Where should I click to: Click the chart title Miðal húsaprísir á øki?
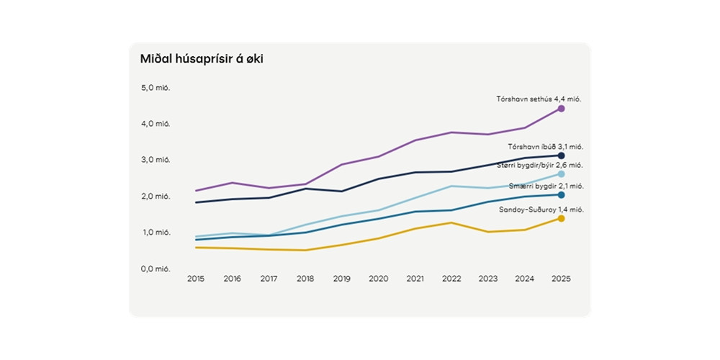point(202,59)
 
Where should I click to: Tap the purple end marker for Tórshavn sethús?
point(561,109)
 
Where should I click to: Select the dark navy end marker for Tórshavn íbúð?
point(561,156)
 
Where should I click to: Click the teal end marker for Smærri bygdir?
point(561,195)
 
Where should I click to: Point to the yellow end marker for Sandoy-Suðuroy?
point(561,218)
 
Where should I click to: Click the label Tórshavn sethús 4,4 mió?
point(538,99)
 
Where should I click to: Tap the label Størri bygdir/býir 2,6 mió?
point(539,166)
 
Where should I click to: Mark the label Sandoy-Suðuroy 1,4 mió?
point(541,210)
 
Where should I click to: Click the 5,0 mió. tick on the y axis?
point(156,88)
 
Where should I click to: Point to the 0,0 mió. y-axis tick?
point(156,269)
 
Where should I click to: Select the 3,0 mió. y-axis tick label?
point(156,160)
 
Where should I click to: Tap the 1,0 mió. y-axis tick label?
point(156,233)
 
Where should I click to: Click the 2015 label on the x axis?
point(195,279)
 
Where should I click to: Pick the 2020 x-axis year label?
point(378,279)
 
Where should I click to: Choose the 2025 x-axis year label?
point(561,279)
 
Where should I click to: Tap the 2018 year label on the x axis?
point(305,279)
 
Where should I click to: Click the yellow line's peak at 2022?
point(451,222)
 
